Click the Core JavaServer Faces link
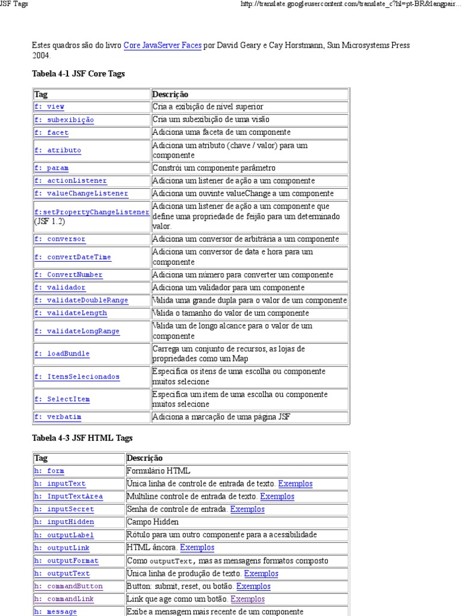click(x=162, y=45)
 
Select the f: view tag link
click(x=49, y=106)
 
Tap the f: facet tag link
click(x=51, y=132)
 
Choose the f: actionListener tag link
click(x=70, y=180)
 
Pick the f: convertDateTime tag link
click(x=73, y=257)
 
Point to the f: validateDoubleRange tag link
click(x=81, y=300)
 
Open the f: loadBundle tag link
click(x=62, y=354)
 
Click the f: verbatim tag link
click(x=58, y=416)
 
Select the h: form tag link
click(x=49, y=471)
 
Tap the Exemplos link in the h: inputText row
click(x=295, y=484)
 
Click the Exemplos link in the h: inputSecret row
click(x=247, y=509)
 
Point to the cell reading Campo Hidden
click(x=153, y=522)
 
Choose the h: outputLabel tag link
click(x=64, y=535)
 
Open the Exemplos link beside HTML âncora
click(x=197, y=547)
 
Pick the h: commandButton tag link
click(x=68, y=586)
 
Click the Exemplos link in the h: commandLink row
click(x=248, y=599)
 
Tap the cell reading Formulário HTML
click(x=159, y=471)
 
